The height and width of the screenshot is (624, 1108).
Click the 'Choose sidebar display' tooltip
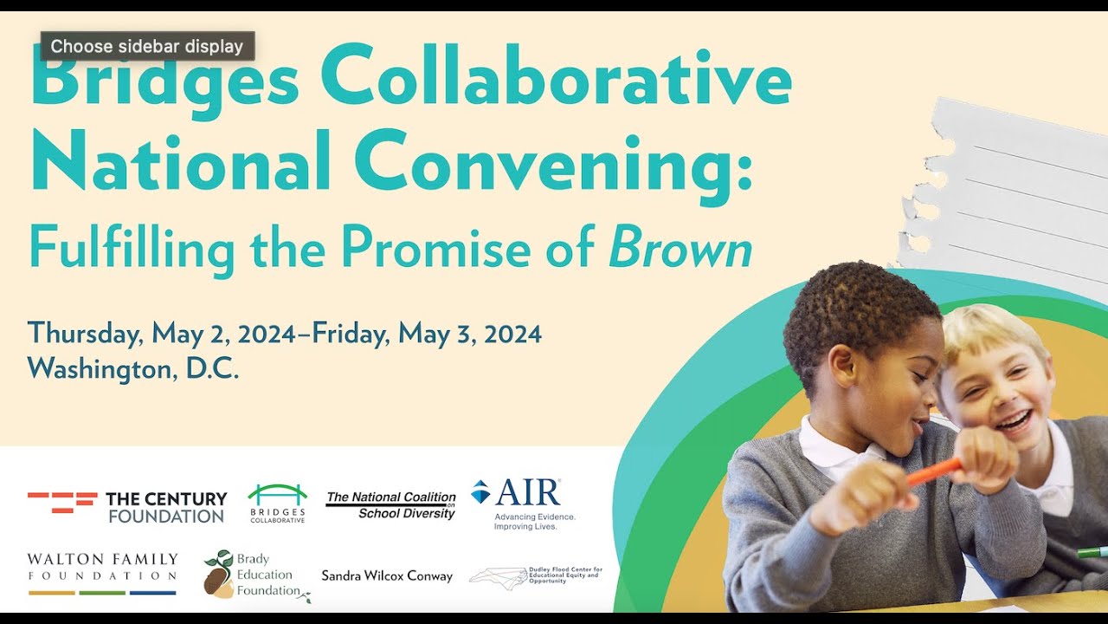pyautogui.click(x=147, y=46)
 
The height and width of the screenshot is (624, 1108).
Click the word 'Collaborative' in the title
pyautogui.click(x=557, y=81)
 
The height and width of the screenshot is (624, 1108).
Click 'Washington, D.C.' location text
pyautogui.click(x=132, y=369)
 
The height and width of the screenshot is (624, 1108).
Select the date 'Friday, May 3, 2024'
pyautogui.click(x=428, y=333)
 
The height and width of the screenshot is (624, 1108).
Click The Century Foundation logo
pyautogui.click(x=127, y=507)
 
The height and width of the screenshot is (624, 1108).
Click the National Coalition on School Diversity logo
pyautogui.click(x=390, y=505)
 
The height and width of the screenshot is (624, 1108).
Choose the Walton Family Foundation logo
pyautogui.click(x=102, y=573)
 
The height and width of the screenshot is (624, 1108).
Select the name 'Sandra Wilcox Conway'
pyautogui.click(x=387, y=575)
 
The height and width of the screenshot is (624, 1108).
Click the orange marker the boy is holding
pyautogui.click(x=934, y=471)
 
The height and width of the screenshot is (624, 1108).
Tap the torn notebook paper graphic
pyautogui.click(x=1013, y=186)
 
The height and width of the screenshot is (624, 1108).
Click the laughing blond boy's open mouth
pyautogui.click(x=1015, y=422)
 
